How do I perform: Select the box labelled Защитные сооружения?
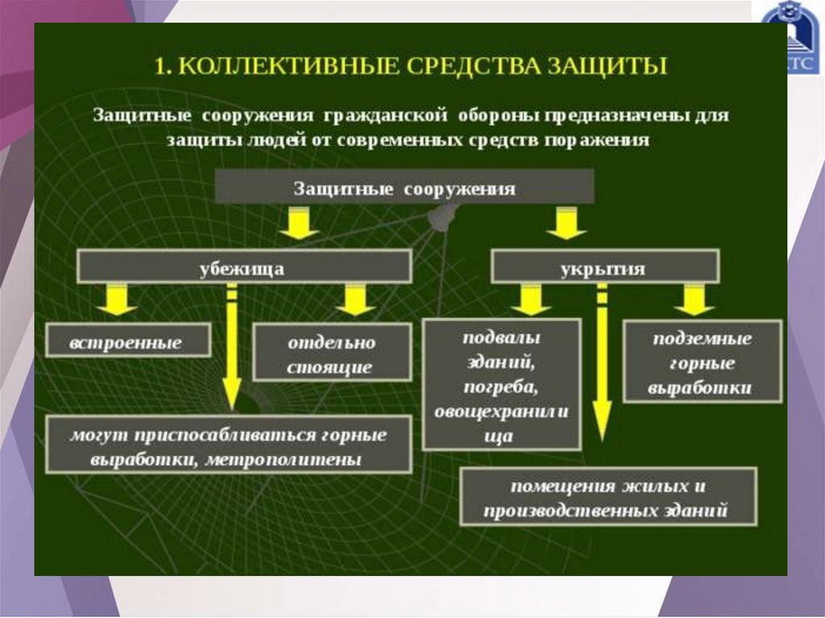[404, 189]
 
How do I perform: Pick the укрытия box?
[603, 267]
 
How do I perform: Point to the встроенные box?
[127, 342]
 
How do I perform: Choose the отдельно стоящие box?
[331, 354]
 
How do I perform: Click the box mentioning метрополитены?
[229, 446]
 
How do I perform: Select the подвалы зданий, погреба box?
[501, 385]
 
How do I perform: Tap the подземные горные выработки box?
[701, 362]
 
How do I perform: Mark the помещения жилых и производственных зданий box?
[608, 497]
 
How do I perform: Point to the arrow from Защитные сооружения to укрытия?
[566, 223]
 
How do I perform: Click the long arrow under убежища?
[232, 346]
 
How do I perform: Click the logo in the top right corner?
[792, 37]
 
